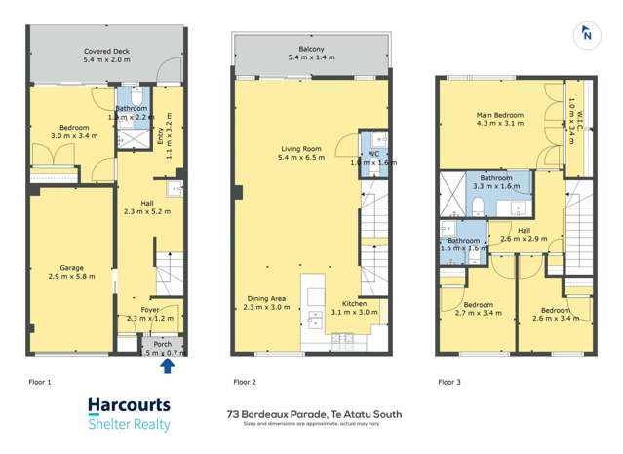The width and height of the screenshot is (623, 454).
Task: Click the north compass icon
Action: (588, 35)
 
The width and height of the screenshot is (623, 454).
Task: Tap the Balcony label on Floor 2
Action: (311, 50)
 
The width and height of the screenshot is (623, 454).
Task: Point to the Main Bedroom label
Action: (499, 115)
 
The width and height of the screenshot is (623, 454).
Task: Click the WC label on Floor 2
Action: (372, 154)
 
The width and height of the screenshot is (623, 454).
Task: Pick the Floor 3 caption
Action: (449, 383)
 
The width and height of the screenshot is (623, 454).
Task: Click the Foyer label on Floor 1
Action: (149, 310)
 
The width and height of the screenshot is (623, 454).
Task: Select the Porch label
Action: (161, 344)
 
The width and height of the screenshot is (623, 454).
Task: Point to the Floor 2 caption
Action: (245, 383)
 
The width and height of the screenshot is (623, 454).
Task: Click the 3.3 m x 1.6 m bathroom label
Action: (495, 185)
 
